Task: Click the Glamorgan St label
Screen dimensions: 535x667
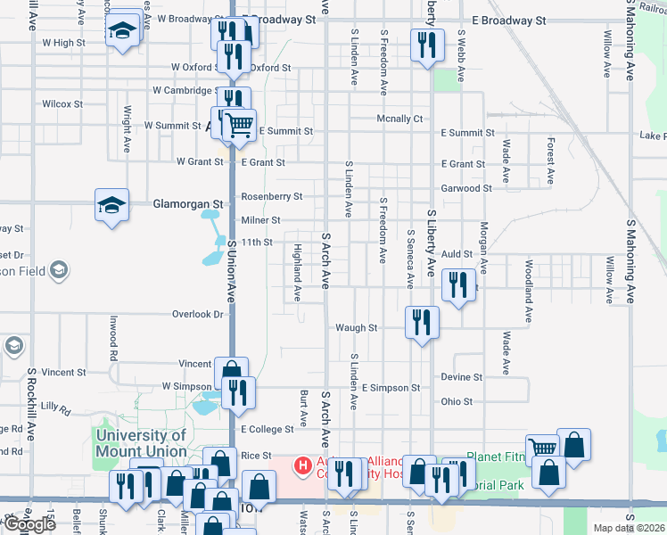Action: click(x=161, y=203)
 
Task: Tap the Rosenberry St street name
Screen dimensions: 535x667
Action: click(x=273, y=196)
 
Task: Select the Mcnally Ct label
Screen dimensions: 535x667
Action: click(x=399, y=118)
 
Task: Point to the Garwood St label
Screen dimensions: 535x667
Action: click(x=466, y=188)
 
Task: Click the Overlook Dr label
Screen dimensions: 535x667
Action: click(x=197, y=314)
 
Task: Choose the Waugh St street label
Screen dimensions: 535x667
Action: click(x=356, y=327)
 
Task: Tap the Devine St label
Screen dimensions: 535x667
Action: click(x=461, y=377)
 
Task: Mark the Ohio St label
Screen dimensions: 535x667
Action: click(x=457, y=401)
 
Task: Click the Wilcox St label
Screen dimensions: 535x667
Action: click(x=62, y=104)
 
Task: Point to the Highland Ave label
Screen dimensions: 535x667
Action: click(x=298, y=274)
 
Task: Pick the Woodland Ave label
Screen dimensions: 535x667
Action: click(x=529, y=292)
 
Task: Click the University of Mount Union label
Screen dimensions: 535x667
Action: click(x=141, y=444)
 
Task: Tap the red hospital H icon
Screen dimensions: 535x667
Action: click(x=303, y=465)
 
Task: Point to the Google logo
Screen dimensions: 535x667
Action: click(x=29, y=524)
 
